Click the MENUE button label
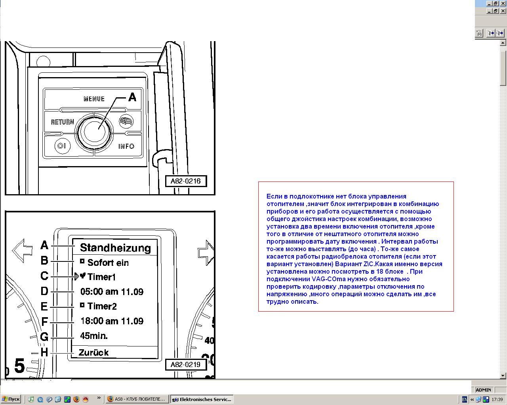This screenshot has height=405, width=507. [x=94, y=99]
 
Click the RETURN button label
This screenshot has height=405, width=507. [x=63, y=122]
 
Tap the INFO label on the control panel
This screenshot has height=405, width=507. [x=126, y=146]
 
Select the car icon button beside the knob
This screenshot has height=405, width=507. [x=126, y=121]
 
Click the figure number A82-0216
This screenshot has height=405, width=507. [x=186, y=181]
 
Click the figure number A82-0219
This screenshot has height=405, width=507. [x=186, y=365]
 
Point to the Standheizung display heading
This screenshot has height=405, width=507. [x=115, y=248]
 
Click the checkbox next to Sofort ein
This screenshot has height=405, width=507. [x=82, y=261]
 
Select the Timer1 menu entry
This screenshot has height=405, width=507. [x=101, y=277]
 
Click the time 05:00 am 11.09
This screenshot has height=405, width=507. [x=112, y=292]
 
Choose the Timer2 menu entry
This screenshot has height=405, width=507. [x=102, y=306]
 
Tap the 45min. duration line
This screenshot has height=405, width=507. [x=94, y=336]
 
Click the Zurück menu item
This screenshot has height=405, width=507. [x=93, y=352]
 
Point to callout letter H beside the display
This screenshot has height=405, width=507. [x=44, y=352]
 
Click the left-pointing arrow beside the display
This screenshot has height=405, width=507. [x=22, y=250]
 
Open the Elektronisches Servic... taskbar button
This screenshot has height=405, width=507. [x=202, y=399]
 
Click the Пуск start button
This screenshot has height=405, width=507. [x=11, y=399]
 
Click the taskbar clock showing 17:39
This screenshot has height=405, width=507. [x=497, y=399]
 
